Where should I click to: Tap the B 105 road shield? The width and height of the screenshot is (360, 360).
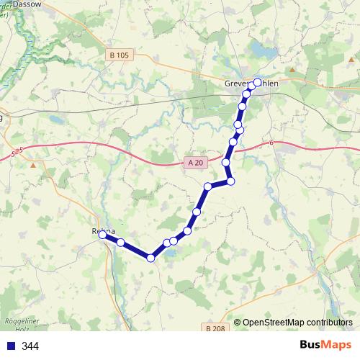[120, 55]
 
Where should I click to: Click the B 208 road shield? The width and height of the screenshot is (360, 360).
[214, 328]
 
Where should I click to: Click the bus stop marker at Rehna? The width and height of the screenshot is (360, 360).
[103, 235]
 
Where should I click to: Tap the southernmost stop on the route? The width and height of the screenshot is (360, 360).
[150, 258]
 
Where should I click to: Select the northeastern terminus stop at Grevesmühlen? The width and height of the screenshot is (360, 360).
[257, 82]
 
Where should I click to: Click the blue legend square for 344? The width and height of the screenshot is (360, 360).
[11, 346]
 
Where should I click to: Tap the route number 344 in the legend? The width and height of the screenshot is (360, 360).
[30, 346]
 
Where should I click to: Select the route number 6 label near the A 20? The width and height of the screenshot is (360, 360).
[273, 144]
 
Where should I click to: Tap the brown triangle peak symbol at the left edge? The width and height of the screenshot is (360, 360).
[33, 165]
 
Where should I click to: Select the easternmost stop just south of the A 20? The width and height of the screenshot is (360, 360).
[230, 181]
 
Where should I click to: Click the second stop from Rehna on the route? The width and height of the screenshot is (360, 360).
[120, 242]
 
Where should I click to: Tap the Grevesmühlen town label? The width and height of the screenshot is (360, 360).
[248, 84]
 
